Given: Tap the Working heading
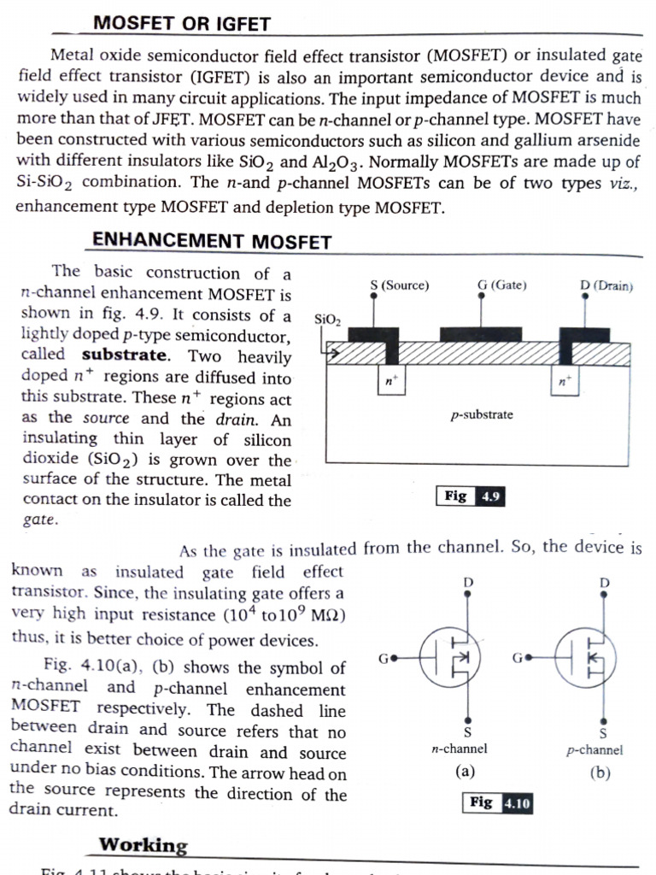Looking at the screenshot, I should coord(143,845).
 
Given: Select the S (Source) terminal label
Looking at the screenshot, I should coord(399,285).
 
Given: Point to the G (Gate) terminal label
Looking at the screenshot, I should coord(501,285).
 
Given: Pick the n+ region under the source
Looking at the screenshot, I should coord(389,381).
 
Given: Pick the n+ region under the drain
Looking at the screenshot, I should coord(563,382).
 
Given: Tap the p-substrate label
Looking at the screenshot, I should coord(483,415).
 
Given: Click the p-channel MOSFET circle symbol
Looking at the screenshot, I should coord(590,660).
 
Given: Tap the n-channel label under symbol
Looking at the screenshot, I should coord(460,749).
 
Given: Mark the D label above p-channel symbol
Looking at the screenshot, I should coord(605,583).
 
